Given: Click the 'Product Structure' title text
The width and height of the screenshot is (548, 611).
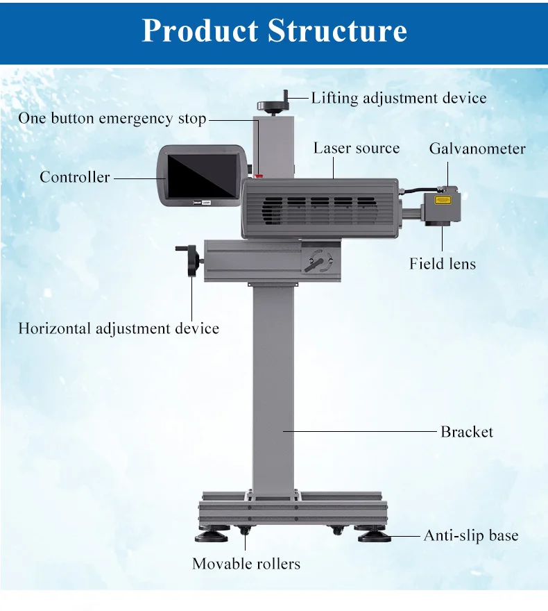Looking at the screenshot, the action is (x=274, y=31).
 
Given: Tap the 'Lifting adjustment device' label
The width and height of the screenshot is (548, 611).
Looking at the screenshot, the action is (x=398, y=98).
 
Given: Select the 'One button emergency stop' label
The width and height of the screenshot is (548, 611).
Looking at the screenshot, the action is (x=112, y=119).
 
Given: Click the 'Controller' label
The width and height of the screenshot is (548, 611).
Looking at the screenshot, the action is (x=74, y=177).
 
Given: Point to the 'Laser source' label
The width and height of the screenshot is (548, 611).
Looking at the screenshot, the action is (x=357, y=148).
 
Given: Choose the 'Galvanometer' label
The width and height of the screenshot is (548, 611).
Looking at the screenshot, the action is (x=477, y=149).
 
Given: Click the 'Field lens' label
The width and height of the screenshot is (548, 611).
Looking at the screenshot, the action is (x=443, y=264).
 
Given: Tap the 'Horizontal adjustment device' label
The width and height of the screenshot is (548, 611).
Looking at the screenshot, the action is (x=119, y=328).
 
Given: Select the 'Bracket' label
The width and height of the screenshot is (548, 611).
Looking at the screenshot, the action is (x=467, y=432).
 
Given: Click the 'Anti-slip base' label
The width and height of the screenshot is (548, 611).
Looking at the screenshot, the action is (x=471, y=535).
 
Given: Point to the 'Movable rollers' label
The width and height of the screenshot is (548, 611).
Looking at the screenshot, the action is (x=246, y=564).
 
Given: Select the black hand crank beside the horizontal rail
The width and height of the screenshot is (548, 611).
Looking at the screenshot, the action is (x=190, y=260).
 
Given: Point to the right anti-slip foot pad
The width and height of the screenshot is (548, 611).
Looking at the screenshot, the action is (x=375, y=536).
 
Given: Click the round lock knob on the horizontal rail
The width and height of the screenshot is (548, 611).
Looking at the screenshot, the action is (x=319, y=259).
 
